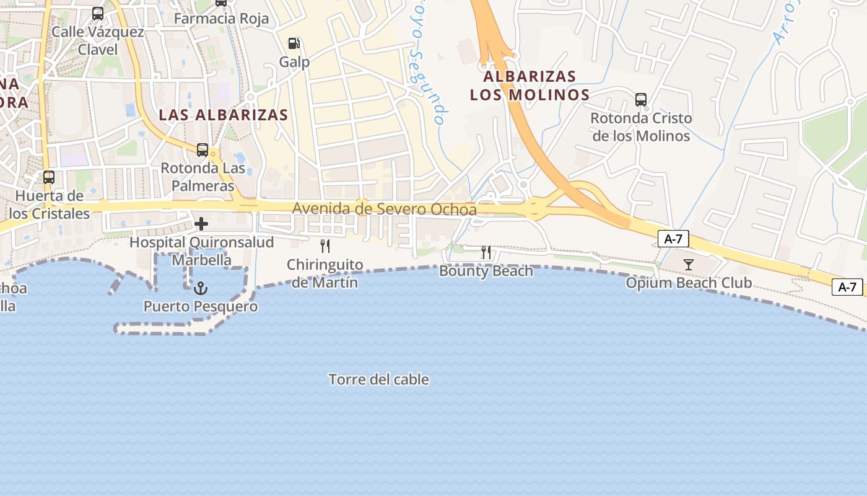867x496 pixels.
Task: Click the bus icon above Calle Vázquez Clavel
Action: pos(98,13)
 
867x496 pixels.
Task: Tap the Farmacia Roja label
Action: pos(221,19)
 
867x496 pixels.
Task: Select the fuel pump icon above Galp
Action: pos(294,43)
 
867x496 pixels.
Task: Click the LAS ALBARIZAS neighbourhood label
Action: pos(224,115)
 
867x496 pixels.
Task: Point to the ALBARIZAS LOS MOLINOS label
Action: pos(529,86)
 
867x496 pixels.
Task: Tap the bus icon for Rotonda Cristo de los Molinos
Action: pos(641,99)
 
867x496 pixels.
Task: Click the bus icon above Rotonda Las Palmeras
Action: pos(203,149)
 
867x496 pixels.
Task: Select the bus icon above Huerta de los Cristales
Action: pos(49,177)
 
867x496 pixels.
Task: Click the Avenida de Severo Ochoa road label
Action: pos(384,209)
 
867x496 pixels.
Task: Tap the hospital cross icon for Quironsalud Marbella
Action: pos(201,223)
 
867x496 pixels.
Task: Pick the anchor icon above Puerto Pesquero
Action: pos(200,288)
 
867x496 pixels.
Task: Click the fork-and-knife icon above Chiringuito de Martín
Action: pos(325,246)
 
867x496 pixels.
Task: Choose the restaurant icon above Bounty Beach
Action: pos(486,252)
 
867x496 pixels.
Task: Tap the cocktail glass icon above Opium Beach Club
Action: pos(688,265)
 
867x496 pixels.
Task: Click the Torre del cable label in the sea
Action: pos(378,379)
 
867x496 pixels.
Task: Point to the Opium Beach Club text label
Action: pos(689,283)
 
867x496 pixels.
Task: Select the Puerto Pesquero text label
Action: pos(201,306)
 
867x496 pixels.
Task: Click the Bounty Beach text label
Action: pos(486,271)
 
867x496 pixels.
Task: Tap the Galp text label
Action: pos(294,62)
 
